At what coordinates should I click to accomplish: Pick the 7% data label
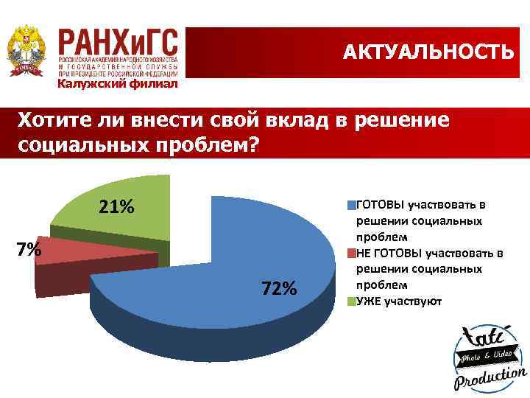[29, 250]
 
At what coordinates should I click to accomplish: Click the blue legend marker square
[352, 205]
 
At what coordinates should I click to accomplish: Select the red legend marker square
[352, 253]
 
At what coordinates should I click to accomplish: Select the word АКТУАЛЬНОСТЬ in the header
[428, 52]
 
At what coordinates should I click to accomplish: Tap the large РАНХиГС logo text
[118, 43]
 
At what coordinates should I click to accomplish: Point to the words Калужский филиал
[118, 83]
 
